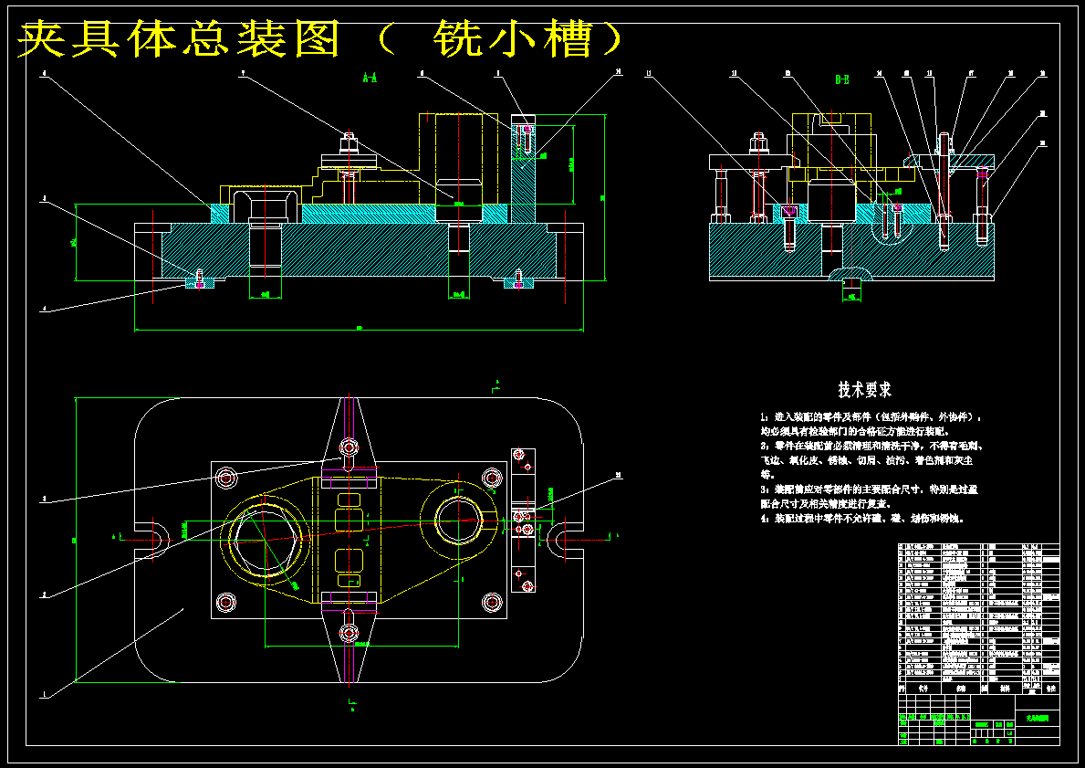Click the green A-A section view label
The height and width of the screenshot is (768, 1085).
(370, 79)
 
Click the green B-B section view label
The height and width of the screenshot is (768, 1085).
(842, 79)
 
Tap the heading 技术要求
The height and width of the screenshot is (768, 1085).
(865, 390)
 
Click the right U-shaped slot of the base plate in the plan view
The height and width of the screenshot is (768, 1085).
(564, 537)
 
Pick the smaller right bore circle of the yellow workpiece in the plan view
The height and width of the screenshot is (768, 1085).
(459, 520)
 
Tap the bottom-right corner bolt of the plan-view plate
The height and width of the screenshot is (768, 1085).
(493, 602)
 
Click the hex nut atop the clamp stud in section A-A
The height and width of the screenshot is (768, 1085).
(349, 143)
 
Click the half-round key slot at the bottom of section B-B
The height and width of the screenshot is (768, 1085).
(850, 276)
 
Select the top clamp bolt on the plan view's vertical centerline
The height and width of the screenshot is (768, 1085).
(349, 447)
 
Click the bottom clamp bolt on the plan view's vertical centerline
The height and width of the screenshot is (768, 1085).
(349, 635)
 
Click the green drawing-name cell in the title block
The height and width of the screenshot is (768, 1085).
(1037, 719)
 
